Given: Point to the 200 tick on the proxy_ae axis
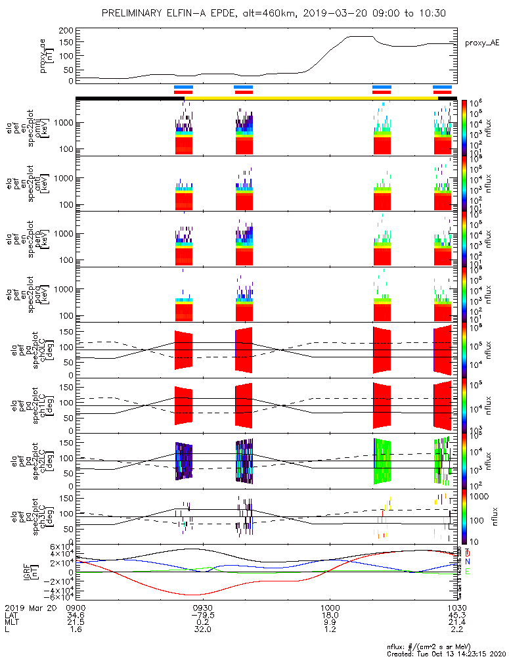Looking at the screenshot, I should coord(64,31).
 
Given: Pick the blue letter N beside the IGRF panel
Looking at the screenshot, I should coord(468,561).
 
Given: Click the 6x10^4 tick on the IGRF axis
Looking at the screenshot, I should coord(58,547).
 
